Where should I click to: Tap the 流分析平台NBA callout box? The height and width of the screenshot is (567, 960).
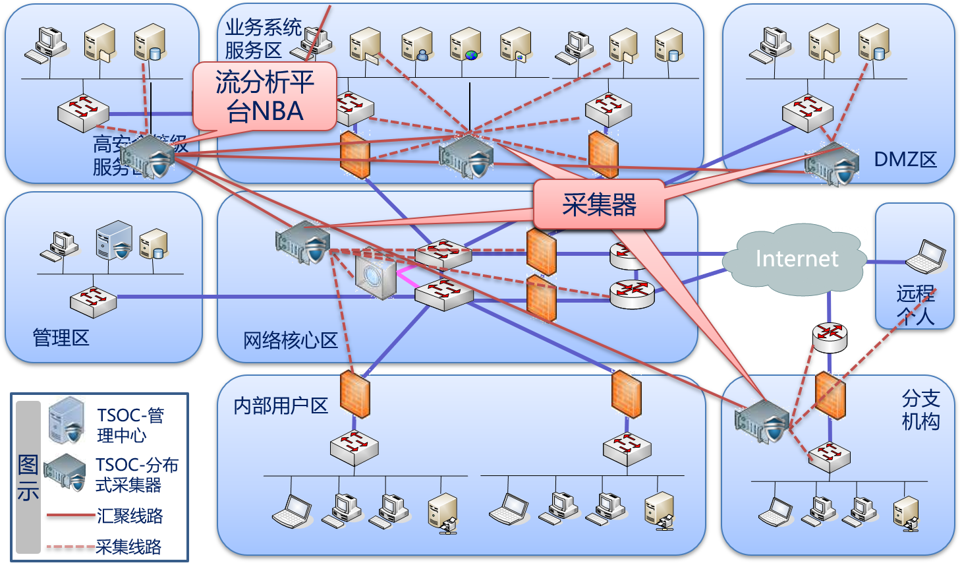pos(265,96)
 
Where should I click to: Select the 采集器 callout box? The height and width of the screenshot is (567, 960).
pos(598,204)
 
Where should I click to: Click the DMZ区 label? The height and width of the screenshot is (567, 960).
pos(905,160)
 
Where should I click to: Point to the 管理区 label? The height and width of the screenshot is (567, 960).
pos(61,338)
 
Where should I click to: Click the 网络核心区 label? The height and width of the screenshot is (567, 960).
pos(290,340)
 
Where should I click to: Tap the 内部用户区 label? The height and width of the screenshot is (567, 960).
pos(281,405)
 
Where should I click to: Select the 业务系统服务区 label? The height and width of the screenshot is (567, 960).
pos(262,38)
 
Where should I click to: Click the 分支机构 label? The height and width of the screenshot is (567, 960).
pos(920,409)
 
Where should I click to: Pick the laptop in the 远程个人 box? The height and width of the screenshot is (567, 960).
pos(925,257)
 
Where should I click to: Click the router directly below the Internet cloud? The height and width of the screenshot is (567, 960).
pos(830,336)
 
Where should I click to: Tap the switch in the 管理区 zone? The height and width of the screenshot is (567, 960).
pos(93,301)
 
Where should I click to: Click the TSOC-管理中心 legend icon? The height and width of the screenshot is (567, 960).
pos(67,420)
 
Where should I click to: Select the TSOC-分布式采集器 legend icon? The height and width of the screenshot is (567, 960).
pos(65,472)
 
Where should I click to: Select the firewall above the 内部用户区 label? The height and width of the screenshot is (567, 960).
pos(354,394)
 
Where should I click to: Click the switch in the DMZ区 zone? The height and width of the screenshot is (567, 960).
pos(807,113)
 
